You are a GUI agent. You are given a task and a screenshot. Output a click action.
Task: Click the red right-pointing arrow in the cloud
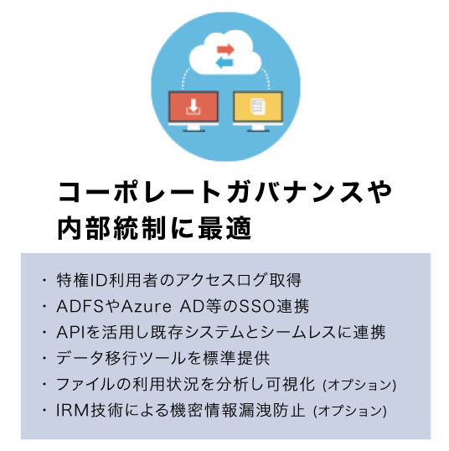[x=225, y=49]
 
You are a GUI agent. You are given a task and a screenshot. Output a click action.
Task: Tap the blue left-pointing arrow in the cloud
[x=224, y=62]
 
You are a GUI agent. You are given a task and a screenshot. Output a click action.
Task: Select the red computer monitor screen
[x=194, y=106]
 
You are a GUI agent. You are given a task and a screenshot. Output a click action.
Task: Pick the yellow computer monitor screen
[x=258, y=106]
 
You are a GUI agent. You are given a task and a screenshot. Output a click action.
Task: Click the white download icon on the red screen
[x=194, y=106]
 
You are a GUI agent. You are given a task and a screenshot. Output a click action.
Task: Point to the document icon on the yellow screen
[x=257, y=106]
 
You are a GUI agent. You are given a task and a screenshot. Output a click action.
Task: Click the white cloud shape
[x=225, y=54]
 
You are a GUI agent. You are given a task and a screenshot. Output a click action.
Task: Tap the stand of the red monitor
[x=194, y=128]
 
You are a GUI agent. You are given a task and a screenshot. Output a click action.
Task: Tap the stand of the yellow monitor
[x=258, y=128]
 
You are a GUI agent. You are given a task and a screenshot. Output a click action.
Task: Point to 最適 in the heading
[x=225, y=228]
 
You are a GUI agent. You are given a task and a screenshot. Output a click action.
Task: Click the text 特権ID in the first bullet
[x=82, y=280]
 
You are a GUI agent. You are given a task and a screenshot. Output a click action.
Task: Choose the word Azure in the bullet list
[x=147, y=306]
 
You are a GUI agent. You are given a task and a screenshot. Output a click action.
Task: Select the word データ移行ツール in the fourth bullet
[x=121, y=359]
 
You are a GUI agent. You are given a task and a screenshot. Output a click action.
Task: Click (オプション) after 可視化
[x=359, y=385]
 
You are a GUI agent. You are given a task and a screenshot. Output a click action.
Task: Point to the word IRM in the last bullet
[x=72, y=411]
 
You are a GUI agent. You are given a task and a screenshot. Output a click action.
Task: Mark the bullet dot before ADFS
[x=44, y=306]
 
